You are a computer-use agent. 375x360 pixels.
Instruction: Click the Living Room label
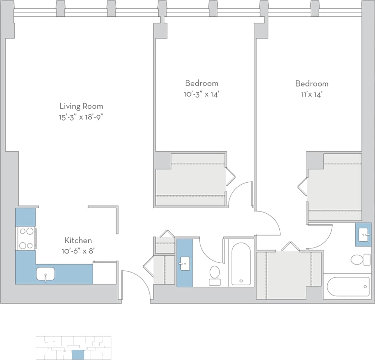click(x=81, y=106)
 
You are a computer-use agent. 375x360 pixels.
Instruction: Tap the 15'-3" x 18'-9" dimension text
click(x=81, y=118)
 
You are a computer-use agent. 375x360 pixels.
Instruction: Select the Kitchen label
click(x=78, y=240)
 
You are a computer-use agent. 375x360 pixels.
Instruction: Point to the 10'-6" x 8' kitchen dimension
click(x=78, y=251)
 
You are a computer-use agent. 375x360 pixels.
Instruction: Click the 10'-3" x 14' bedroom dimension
click(x=201, y=94)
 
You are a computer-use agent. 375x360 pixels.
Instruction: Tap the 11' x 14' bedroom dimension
click(x=312, y=95)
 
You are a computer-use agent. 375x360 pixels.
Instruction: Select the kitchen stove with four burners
click(x=26, y=238)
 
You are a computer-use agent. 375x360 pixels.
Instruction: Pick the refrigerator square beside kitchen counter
click(x=105, y=273)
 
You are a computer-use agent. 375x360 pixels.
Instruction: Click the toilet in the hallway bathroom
click(x=215, y=274)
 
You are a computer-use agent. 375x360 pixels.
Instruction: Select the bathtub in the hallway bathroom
click(x=241, y=264)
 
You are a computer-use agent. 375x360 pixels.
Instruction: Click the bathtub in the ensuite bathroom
click(x=348, y=286)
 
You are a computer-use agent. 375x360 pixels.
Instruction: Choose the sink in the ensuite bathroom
click(x=364, y=234)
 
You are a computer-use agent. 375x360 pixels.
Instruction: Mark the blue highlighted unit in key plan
click(x=78, y=355)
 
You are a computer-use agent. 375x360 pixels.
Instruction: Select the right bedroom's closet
click(x=334, y=187)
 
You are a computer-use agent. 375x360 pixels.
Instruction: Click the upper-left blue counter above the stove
click(x=25, y=217)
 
